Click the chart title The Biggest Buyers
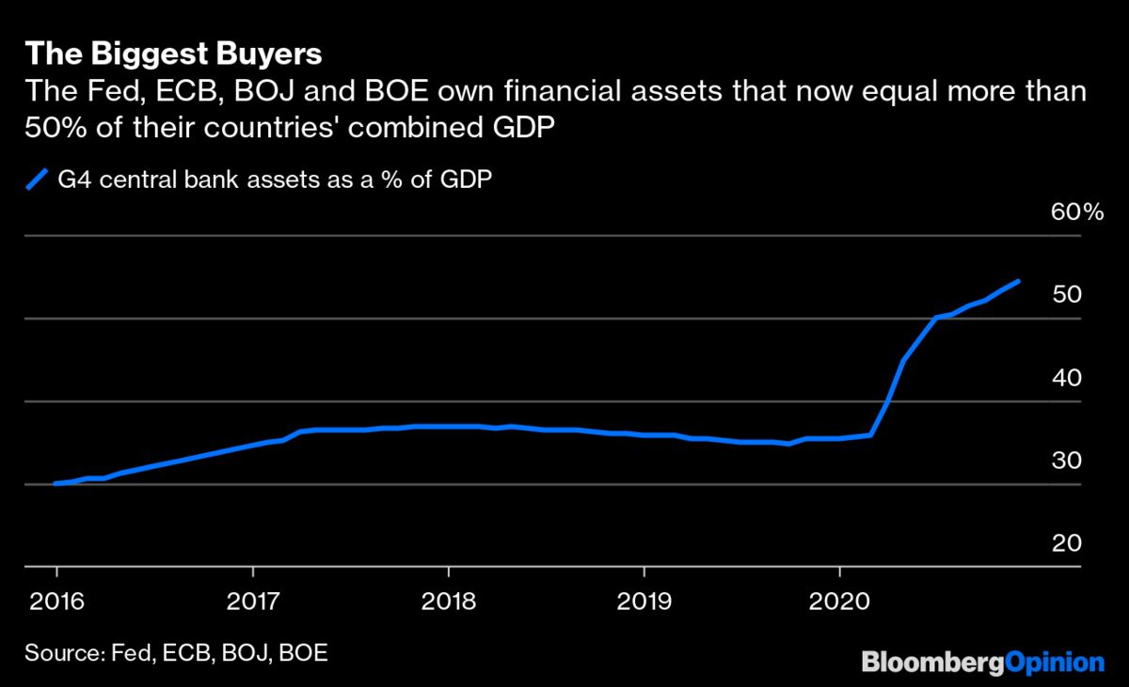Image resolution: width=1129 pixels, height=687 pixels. pos(173,55)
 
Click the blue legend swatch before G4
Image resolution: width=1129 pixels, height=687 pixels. pos(37,178)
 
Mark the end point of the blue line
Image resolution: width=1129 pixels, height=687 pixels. pos(1019,281)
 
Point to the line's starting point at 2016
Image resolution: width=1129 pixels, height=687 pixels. pos(56,483)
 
